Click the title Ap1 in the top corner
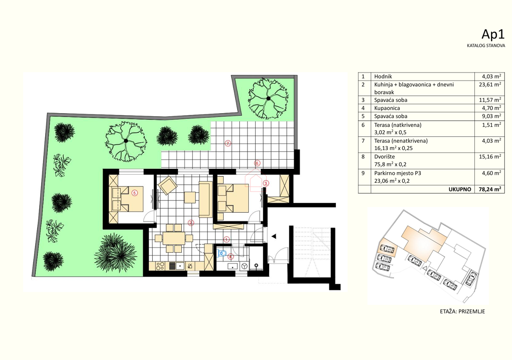pos(493,34)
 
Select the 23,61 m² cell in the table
pos(488,85)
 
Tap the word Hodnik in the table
pos(383,76)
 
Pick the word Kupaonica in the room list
pos(387,108)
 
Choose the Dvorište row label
pos(385,157)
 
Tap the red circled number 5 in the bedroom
pos(134,193)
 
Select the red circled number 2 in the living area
pos(191,222)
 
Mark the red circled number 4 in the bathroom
pos(230,257)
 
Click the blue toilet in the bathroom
pos(221,253)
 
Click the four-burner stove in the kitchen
pos(160,266)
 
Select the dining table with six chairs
pos(174,238)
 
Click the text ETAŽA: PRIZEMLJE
pos(462,311)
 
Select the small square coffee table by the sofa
pos(190,197)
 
